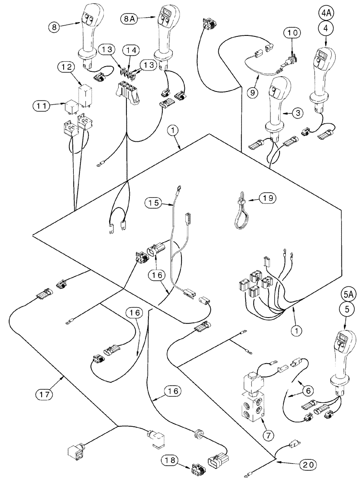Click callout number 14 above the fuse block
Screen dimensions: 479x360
tap(129, 49)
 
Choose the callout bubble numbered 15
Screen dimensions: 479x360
tap(153, 204)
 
